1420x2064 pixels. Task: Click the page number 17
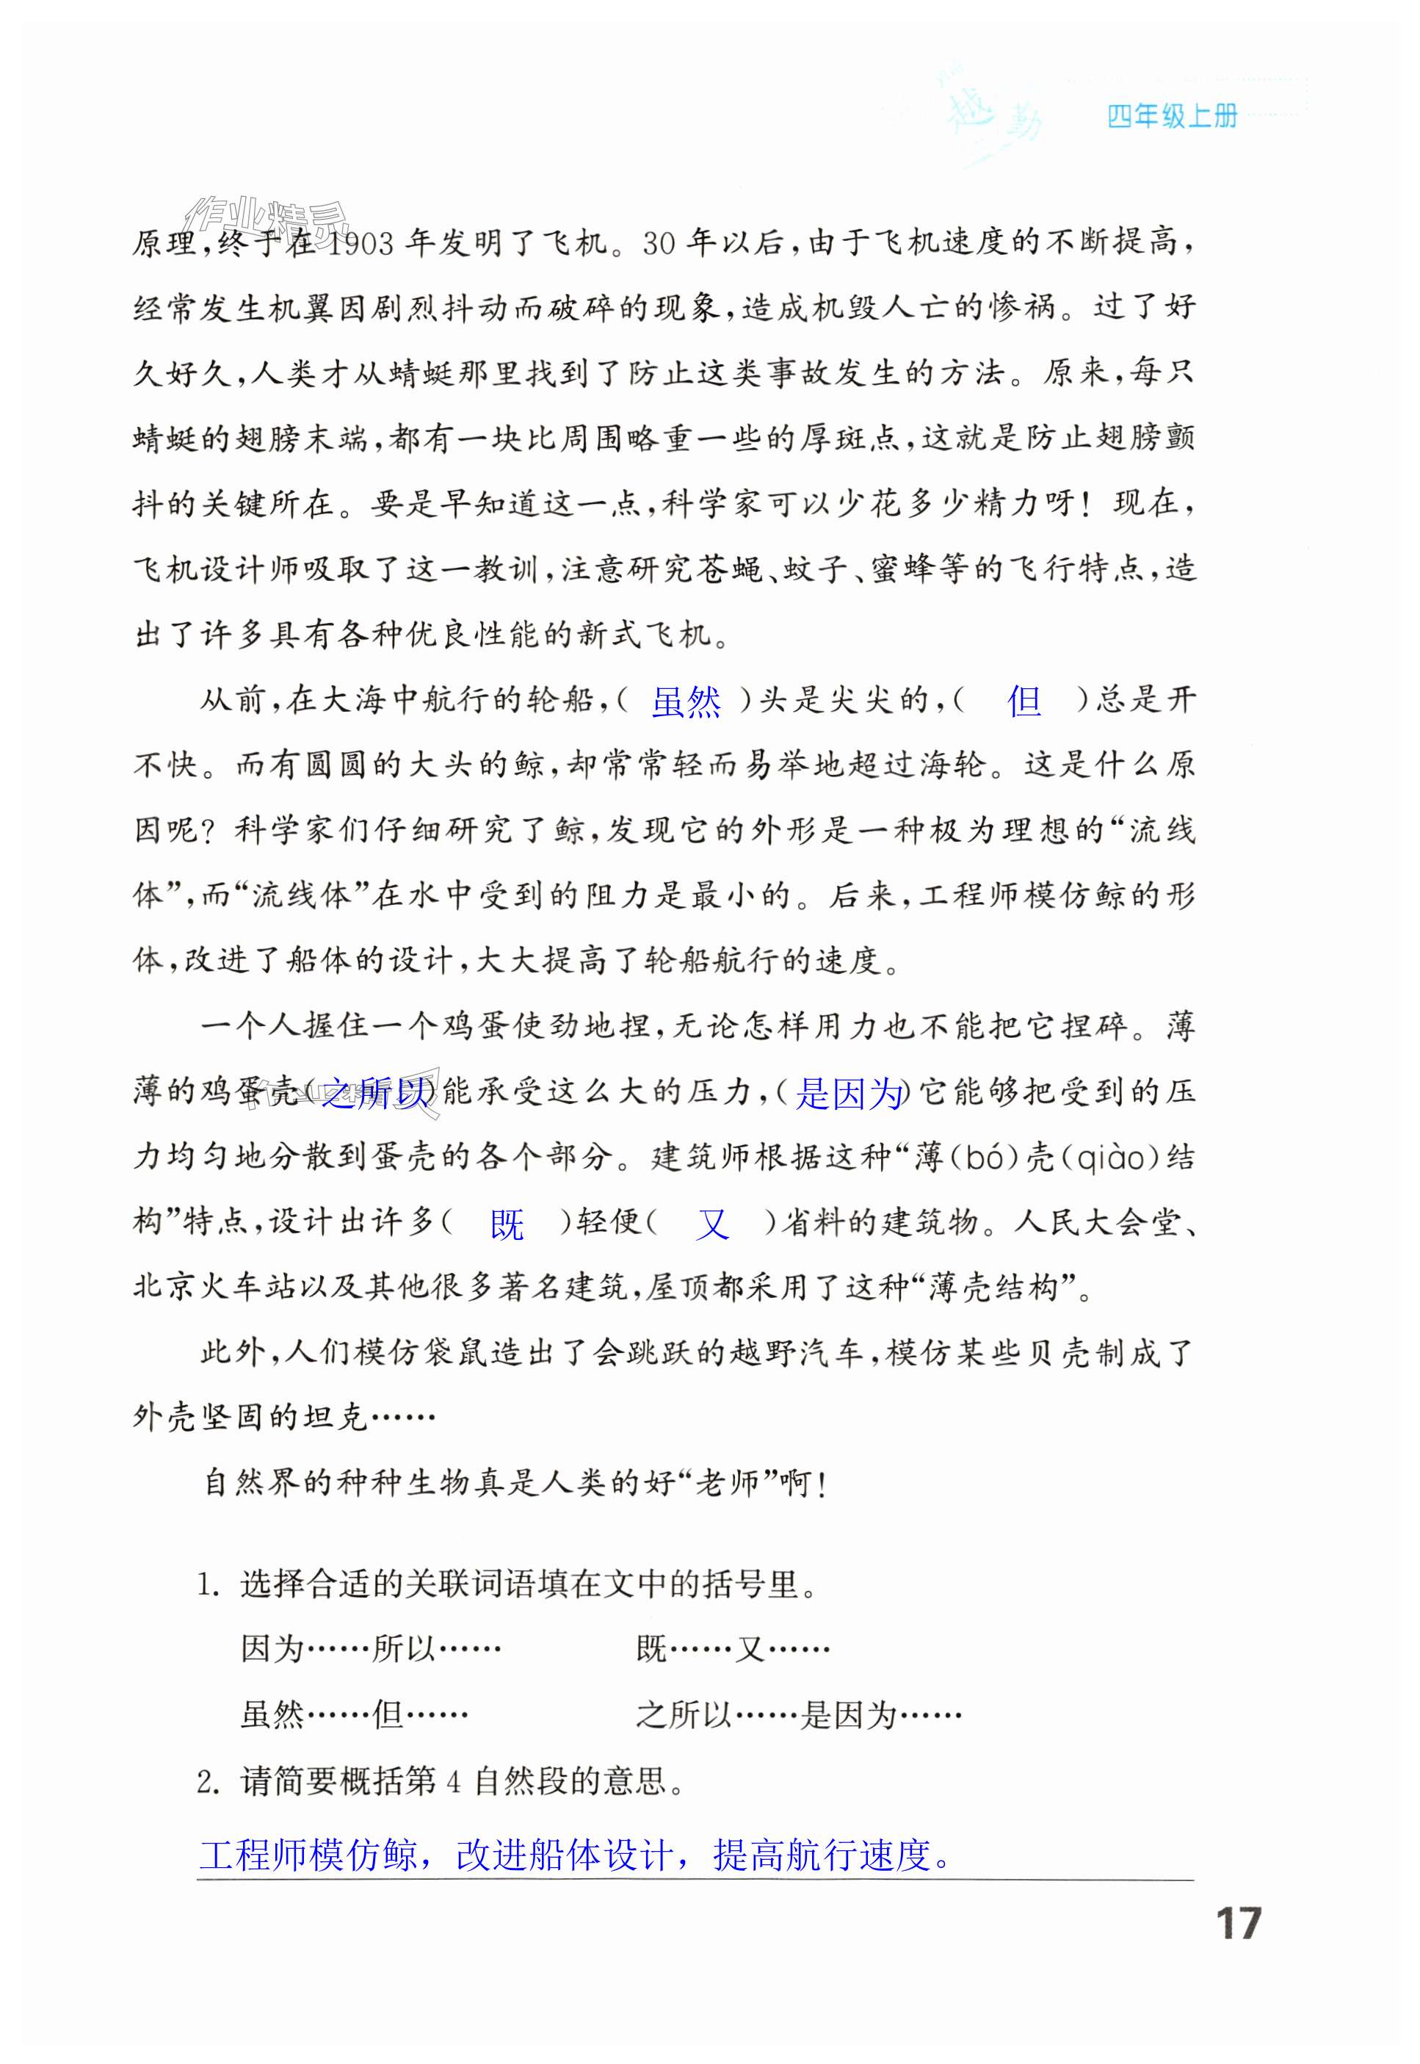pos(1238,1924)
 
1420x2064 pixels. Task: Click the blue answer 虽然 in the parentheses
pos(686,702)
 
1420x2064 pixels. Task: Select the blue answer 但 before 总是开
pos(1024,702)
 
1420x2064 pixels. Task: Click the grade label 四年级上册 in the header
pos(1172,117)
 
